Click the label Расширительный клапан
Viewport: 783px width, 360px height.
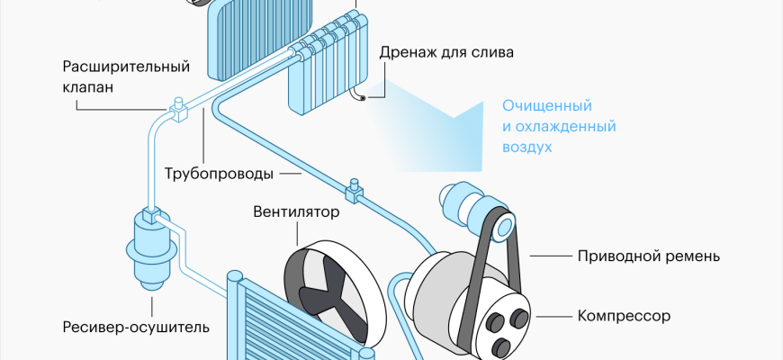[x=126, y=78]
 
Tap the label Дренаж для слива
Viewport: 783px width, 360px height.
[x=447, y=52]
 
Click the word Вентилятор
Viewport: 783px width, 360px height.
[x=296, y=212]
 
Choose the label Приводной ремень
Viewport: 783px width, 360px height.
[x=648, y=256]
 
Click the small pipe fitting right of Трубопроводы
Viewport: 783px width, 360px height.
[x=352, y=190]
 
